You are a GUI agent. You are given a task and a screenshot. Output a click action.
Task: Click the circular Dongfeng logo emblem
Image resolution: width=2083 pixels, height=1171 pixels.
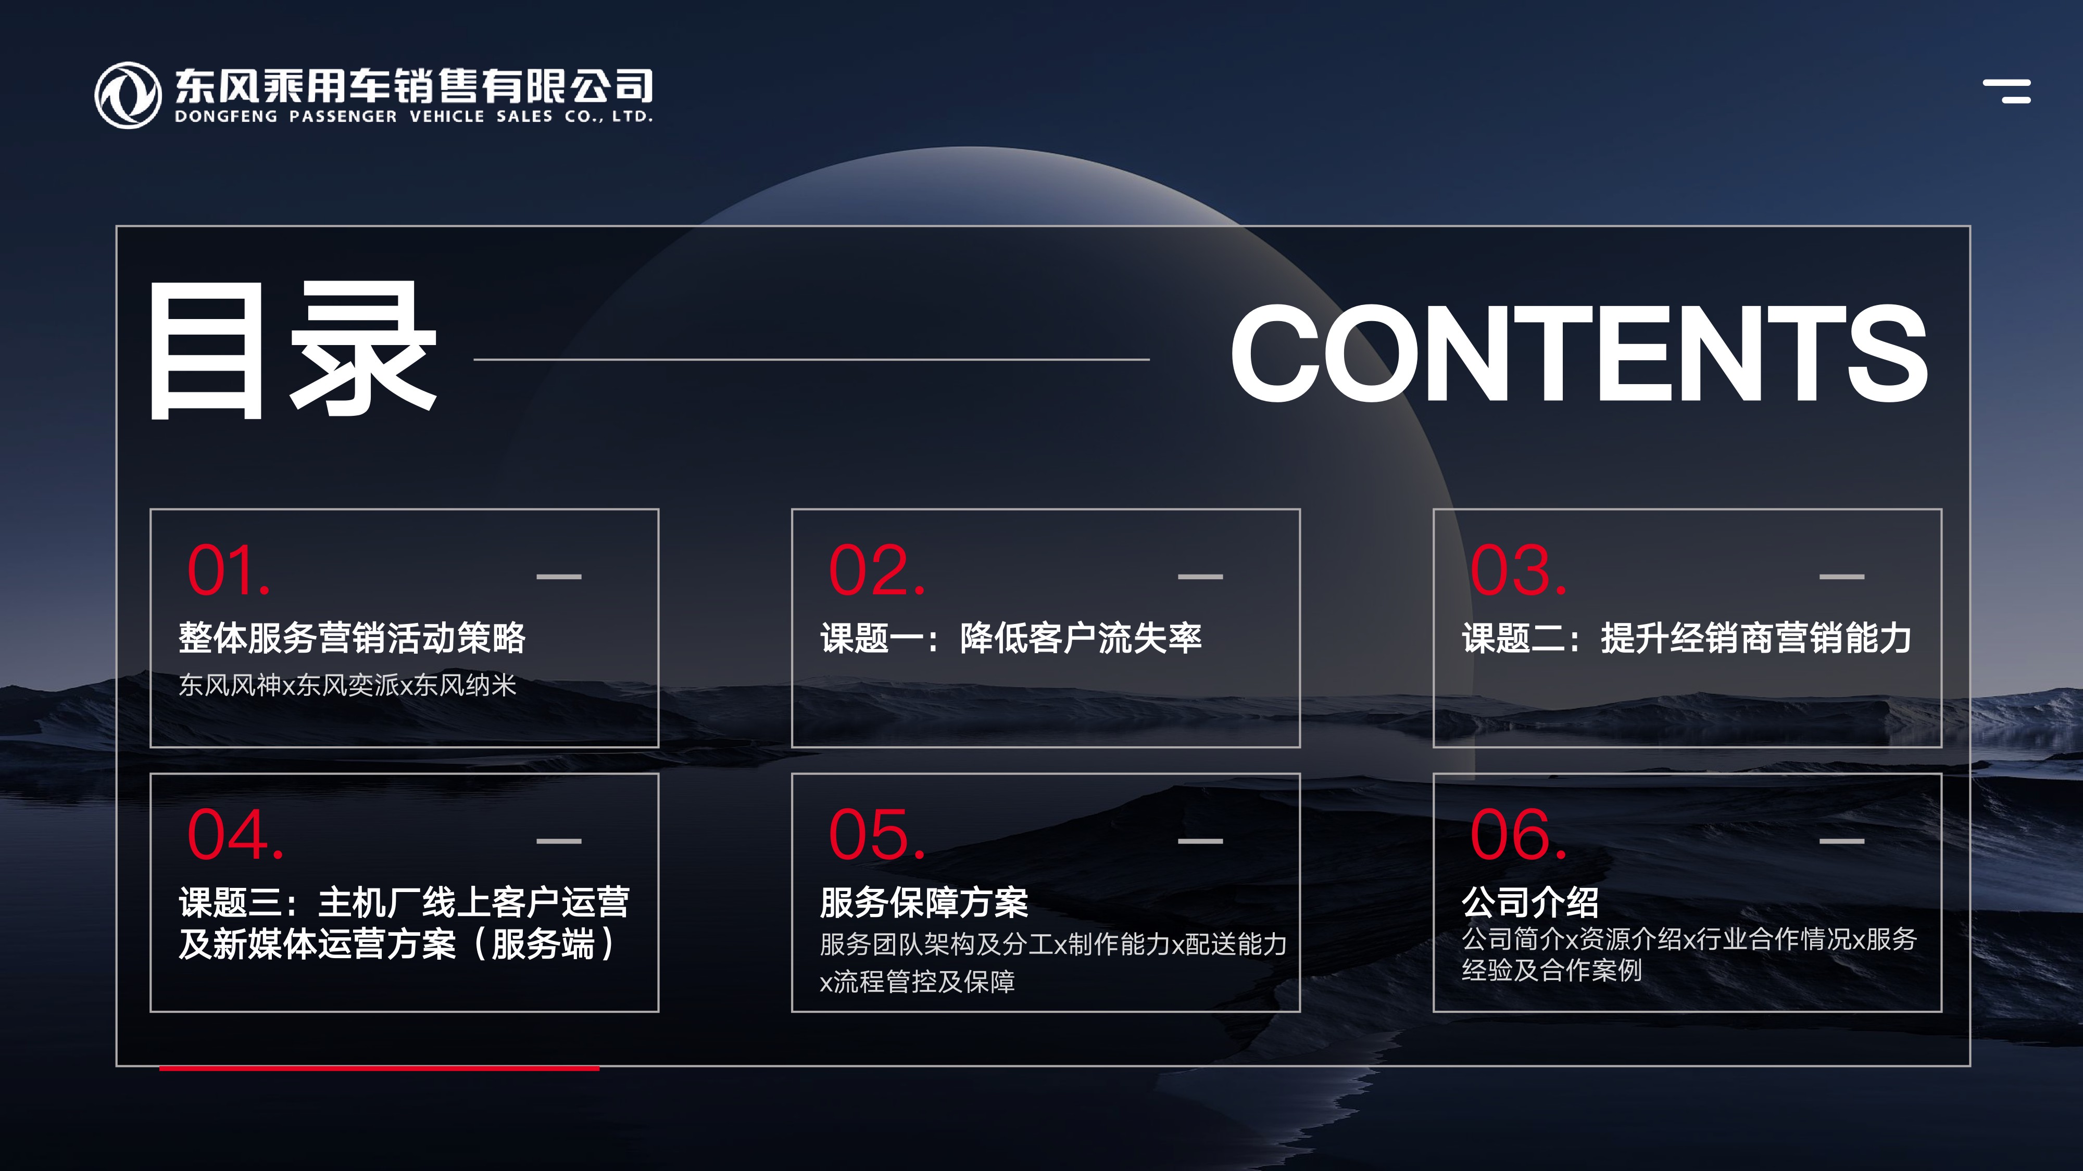pos(128,95)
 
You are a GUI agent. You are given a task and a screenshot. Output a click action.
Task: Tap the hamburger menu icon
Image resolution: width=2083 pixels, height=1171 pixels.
pos(2006,91)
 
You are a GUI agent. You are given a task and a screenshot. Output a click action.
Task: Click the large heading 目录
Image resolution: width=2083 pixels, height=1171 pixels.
pos(293,351)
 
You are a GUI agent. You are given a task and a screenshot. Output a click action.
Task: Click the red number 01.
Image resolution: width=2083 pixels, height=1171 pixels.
pos(229,570)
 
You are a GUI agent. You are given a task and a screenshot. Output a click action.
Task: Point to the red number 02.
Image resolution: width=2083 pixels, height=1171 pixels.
pos(876,570)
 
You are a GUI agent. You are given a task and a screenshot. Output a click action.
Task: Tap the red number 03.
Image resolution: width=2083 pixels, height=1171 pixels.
pos(1519,570)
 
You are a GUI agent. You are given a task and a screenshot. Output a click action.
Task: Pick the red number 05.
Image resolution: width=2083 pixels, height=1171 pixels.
pos(876,835)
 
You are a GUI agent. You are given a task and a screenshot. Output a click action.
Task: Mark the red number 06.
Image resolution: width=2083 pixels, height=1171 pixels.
pos(1519,835)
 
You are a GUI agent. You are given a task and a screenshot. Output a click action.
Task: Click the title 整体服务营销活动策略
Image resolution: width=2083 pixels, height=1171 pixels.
pos(352,638)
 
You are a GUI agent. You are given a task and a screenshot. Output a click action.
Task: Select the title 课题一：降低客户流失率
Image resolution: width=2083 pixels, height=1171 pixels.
pos(1011,638)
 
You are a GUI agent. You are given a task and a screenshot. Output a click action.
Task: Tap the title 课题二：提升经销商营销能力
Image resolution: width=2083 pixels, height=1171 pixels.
pos(1687,638)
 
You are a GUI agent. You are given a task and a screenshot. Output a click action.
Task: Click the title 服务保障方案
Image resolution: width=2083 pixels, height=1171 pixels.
pos(923,902)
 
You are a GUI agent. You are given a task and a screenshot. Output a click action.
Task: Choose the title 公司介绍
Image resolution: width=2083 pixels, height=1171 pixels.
pos(1530,902)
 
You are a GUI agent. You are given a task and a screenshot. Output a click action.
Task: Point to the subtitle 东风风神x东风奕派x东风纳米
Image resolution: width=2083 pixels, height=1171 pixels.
pos(347,685)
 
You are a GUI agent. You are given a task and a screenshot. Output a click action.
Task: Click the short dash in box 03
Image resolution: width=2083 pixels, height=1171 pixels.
pos(1842,576)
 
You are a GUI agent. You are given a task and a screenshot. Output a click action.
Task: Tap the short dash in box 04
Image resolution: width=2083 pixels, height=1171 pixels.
pos(559,841)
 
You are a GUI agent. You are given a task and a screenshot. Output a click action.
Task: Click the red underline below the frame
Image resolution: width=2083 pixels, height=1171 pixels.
pos(379,1068)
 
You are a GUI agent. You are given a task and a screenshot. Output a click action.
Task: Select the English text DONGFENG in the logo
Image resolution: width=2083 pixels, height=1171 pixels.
pos(225,117)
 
